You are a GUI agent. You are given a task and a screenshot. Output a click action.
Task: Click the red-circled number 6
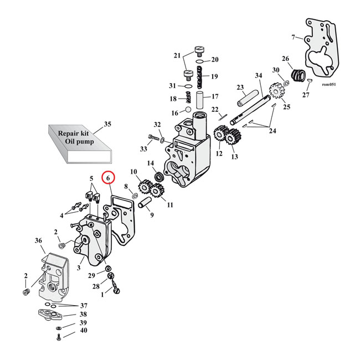pos(109,178)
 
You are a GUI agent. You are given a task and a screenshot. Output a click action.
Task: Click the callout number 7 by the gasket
pos(293,37)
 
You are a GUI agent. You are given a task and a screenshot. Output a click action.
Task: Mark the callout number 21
pos(177,56)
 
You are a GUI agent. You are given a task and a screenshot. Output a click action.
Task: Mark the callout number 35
pos(107,124)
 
